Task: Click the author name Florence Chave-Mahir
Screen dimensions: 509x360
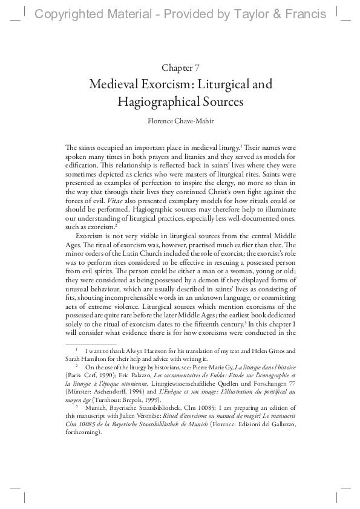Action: [180, 120]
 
